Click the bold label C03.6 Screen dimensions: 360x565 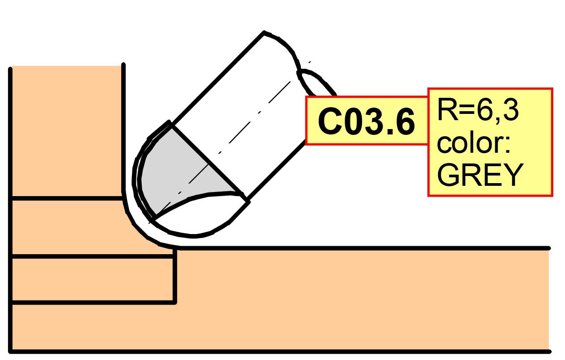pos(366,122)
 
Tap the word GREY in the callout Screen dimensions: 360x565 pos(480,175)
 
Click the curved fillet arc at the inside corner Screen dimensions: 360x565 pos(136,226)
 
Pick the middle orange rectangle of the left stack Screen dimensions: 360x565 pos(66,227)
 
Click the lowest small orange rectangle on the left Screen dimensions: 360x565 pos(92,280)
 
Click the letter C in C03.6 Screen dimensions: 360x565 pos(330,122)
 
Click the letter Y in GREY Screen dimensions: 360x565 pos(512,175)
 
